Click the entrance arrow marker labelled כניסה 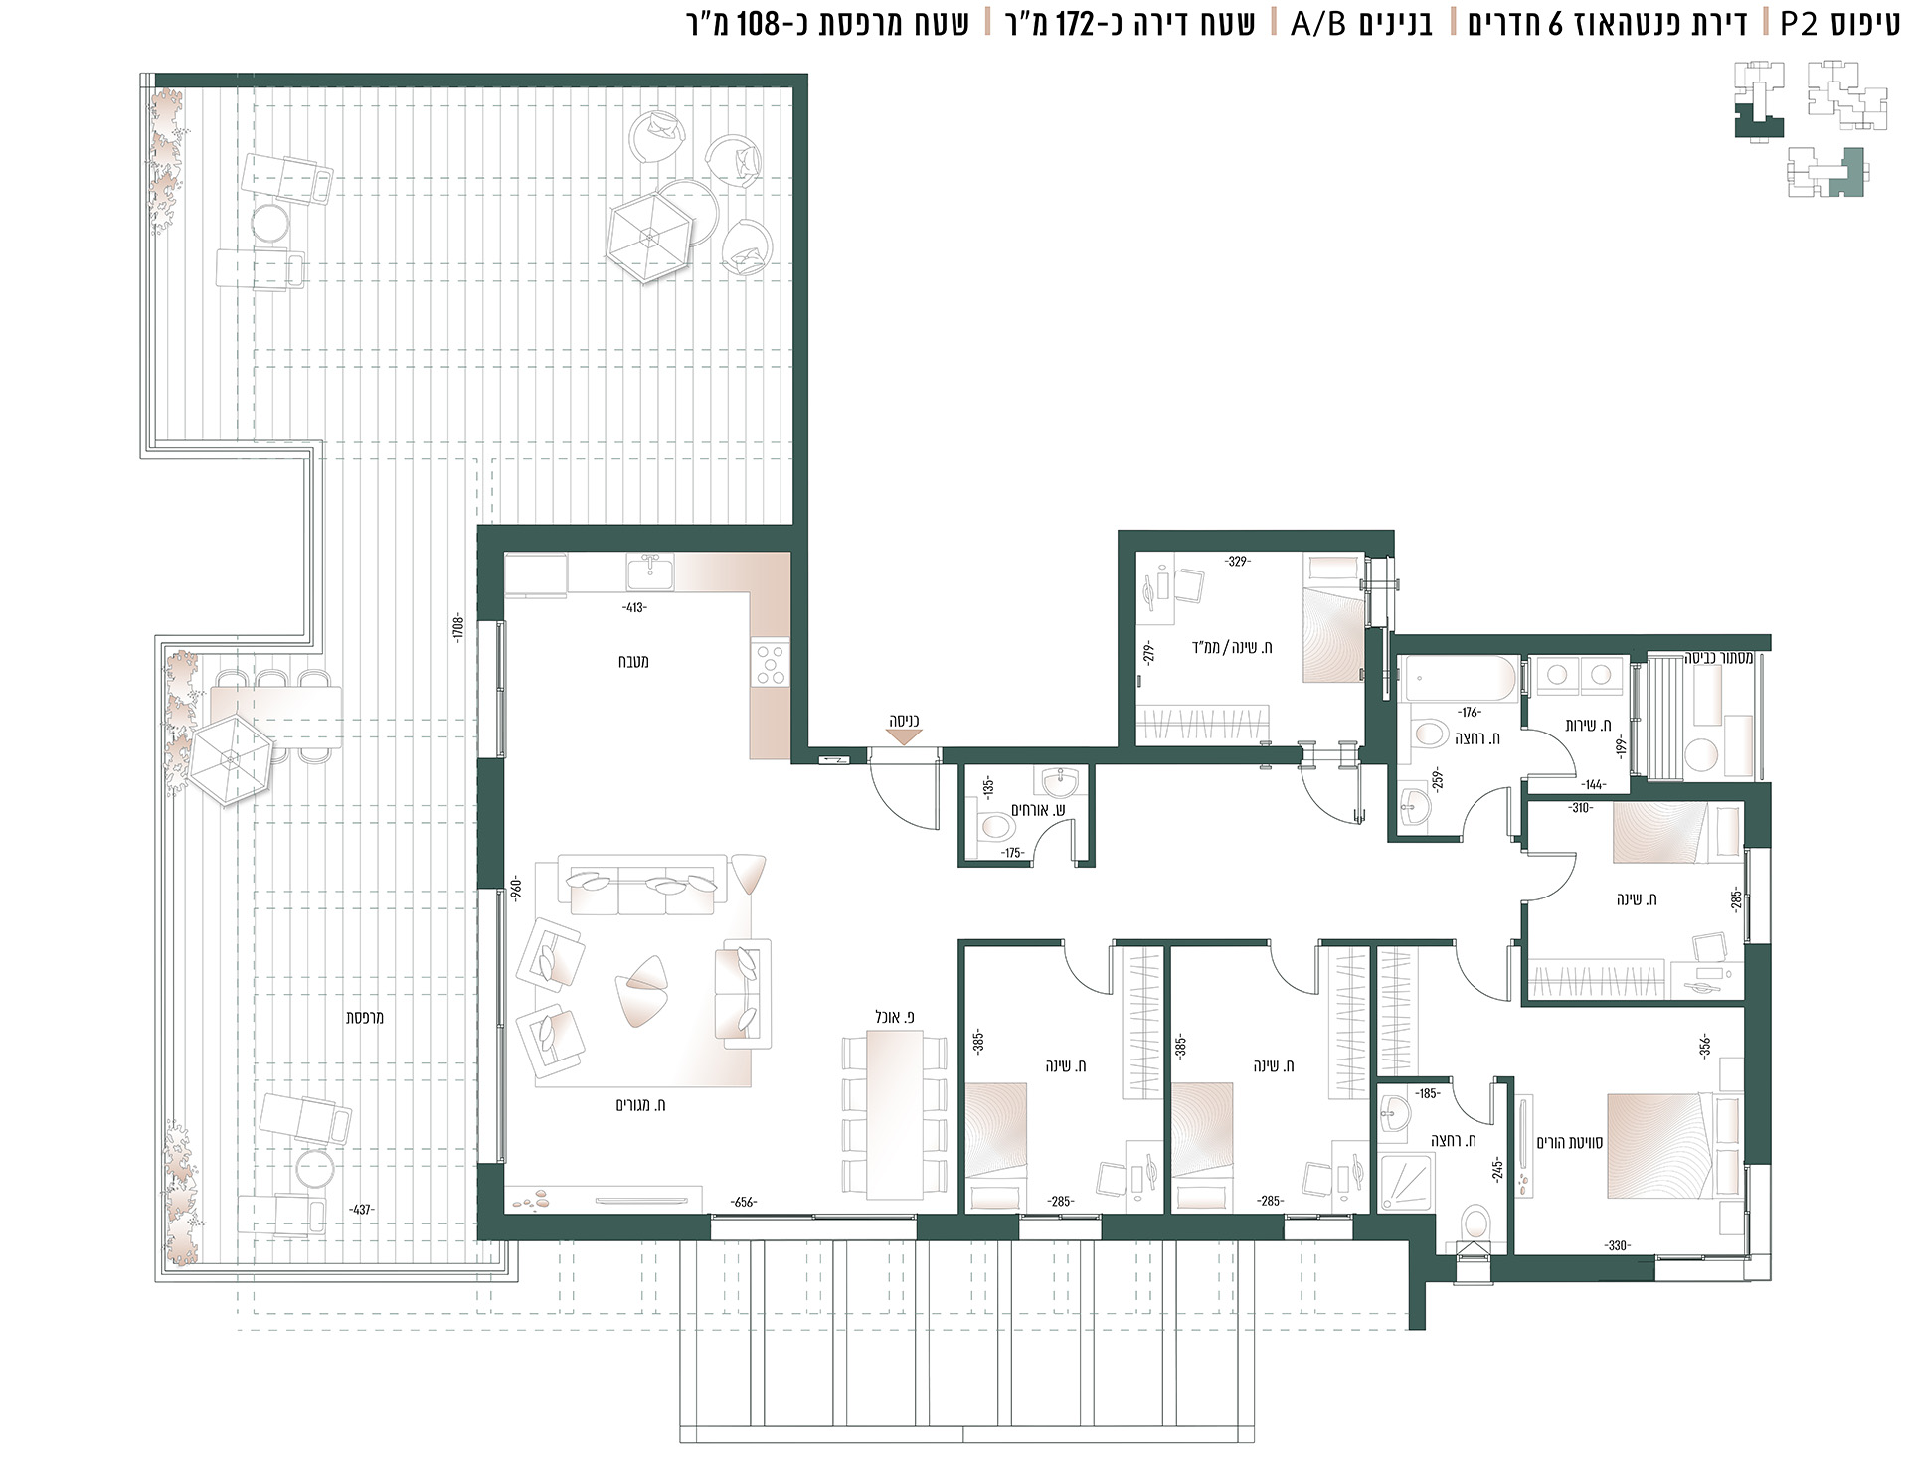click(903, 737)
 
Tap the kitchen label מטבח click(633, 662)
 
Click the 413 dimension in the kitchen click(633, 607)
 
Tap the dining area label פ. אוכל click(895, 1017)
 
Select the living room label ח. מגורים click(646, 1105)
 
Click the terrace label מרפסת click(365, 1018)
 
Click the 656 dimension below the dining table click(743, 1202)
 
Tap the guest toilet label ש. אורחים click(1039, 810)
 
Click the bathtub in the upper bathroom click(1457, 680)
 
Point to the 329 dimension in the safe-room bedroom click(1237, 562)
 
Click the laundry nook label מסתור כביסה click(1719, 658)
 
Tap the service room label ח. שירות click(1589, 726)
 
